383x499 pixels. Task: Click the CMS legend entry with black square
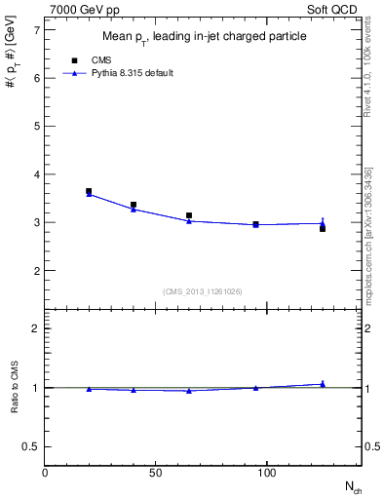point(101,59)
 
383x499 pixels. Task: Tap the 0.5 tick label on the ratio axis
point(30,446)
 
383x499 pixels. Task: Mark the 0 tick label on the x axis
point(45,473)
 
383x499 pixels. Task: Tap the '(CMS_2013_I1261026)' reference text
point(203,290)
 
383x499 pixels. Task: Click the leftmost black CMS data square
point(89,192)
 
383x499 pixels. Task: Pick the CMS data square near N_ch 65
point(189,215)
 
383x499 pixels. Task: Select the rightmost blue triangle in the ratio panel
point(323,384)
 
